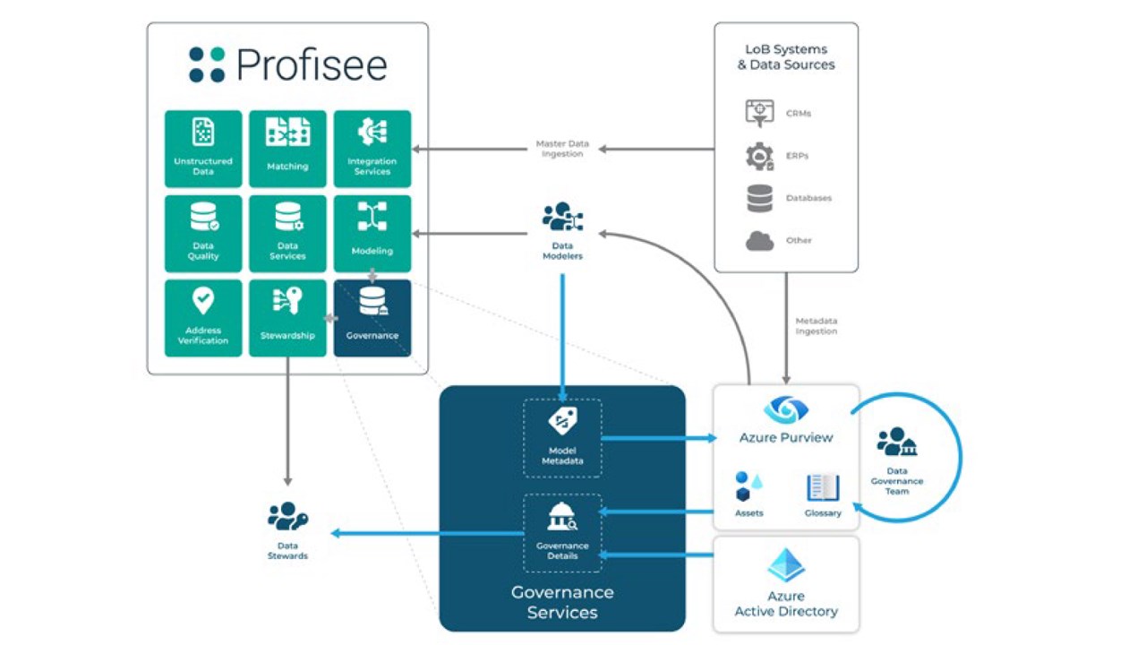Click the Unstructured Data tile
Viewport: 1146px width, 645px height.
click(x=203, y=149)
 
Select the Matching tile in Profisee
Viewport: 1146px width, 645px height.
click(x=287, y=149)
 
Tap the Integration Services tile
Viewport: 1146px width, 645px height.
click(x=372, y=149)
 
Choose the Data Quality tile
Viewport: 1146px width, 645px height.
click(x=203, y=233)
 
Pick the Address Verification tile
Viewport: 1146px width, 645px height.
click(x=203, y=318)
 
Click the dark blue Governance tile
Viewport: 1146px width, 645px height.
click(x=372, y=318)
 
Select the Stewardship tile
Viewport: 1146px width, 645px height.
click(x=287, y=318)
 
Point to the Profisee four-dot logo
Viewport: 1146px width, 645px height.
click(x=207, y=64)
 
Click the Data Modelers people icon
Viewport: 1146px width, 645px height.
click(x=562, y=218)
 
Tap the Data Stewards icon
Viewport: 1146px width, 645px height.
click(x=287, y=517)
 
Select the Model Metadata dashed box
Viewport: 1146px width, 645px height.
click(x=562, y=438)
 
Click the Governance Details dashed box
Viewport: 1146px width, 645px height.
click(x=562, y=532)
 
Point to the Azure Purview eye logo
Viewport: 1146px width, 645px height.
click(x=786, y=410)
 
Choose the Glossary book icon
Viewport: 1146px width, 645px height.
click(x=823, y=488)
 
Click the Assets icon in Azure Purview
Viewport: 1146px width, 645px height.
click(x=748, y=487)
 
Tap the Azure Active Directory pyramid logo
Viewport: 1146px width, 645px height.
click(x=786, y=566)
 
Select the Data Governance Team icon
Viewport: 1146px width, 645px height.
click(x=896, y=442)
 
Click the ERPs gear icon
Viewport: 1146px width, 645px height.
click(x=760, y=157)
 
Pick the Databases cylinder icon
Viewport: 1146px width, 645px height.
click(x=760, y=198)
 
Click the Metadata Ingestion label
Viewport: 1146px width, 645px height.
click(x=817, y=326)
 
